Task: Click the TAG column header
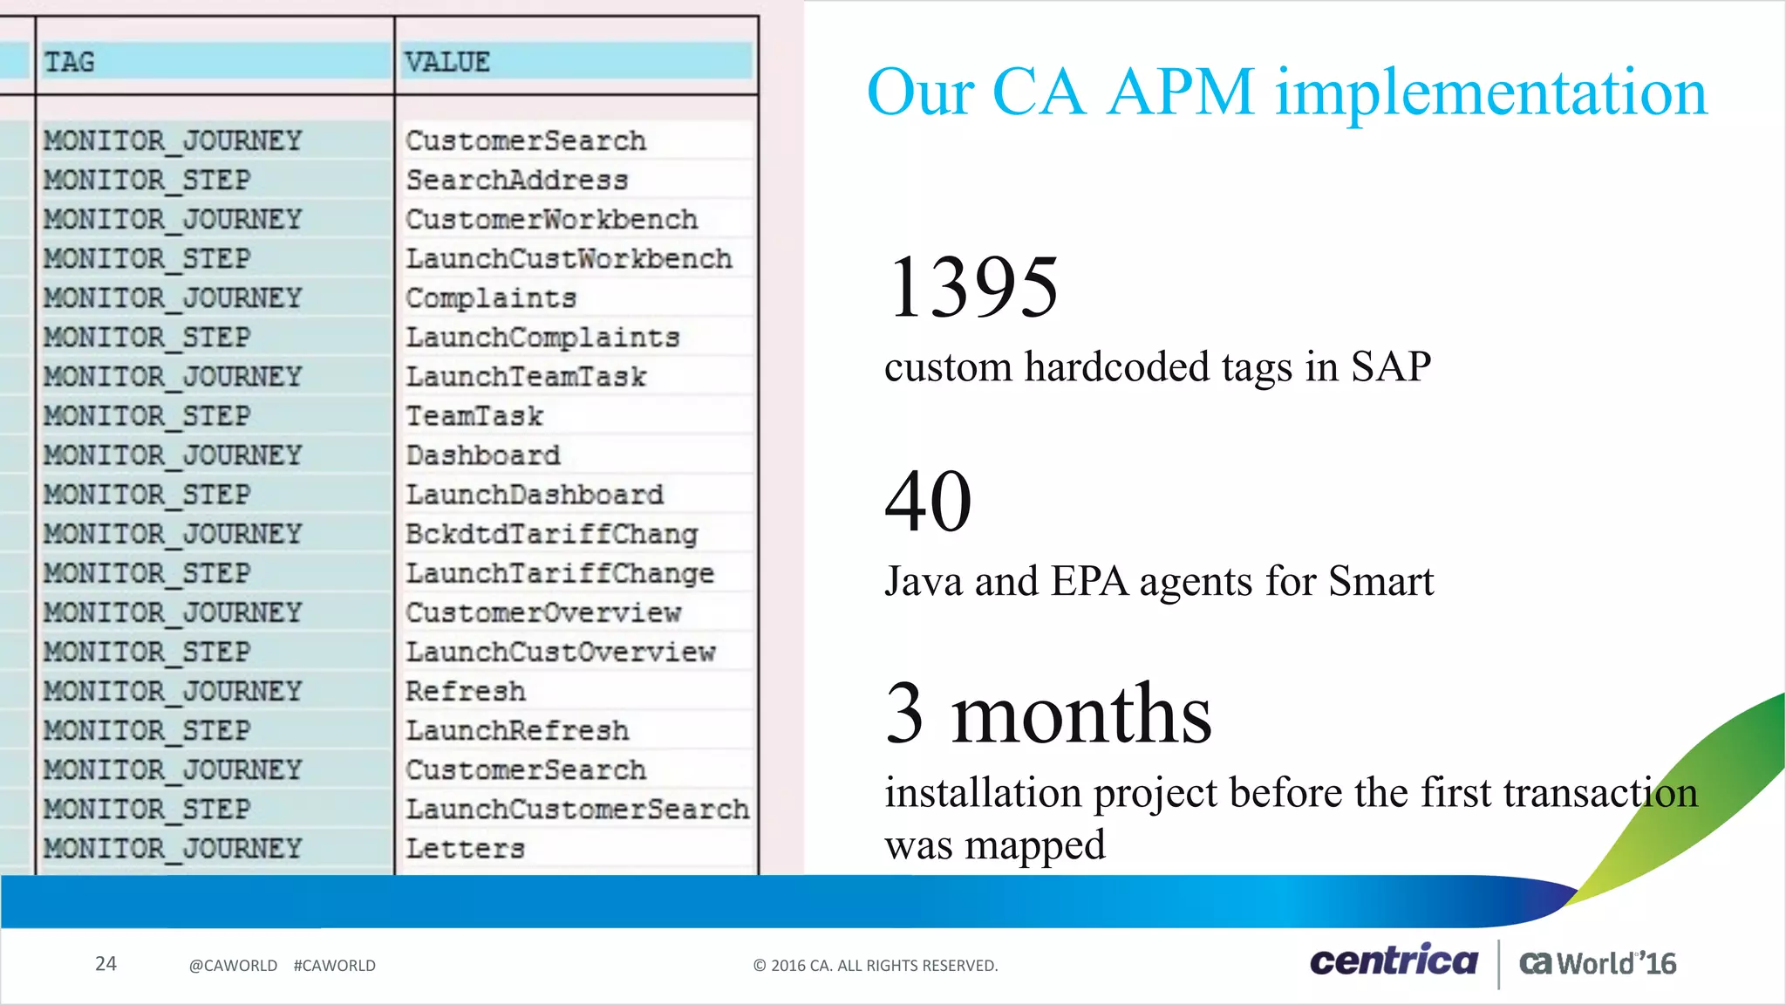point(70,62)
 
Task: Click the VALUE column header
point(447,62)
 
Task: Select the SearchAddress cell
point(516,181)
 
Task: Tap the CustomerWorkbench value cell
point(551,220)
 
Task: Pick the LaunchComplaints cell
point(542,338)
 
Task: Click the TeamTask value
point(474,416)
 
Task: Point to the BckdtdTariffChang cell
point(551,534)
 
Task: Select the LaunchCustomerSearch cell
point(577,810)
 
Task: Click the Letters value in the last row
point(465,849)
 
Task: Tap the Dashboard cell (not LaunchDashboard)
point(483,455)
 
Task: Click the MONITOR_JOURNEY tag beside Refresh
point(173,692)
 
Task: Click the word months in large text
point(1080,714)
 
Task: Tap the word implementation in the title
point(1490,92)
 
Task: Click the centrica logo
point(1394,961)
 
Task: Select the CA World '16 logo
point(1598,963)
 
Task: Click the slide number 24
point(106,964)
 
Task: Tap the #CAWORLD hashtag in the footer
point(335,966)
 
